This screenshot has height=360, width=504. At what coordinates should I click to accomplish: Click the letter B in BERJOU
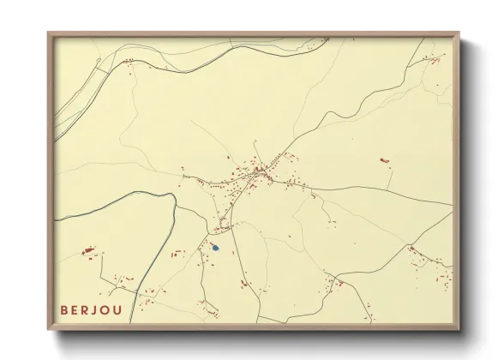coord(64,309)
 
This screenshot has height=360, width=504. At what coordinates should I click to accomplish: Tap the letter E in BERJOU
coord(78,309)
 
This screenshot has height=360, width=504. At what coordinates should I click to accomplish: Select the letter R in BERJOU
coord(92,309)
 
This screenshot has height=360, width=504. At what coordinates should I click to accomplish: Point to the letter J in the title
coord(105,309)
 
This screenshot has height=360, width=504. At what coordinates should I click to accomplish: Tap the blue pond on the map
coord(216,248)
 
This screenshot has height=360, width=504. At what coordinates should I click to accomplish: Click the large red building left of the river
coord(87,250)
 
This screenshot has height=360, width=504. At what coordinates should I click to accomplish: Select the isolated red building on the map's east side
coord(383,160)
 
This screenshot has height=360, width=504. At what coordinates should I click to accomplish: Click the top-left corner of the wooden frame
coord(48,33)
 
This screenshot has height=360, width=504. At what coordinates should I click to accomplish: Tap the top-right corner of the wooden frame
coord(460,33)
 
